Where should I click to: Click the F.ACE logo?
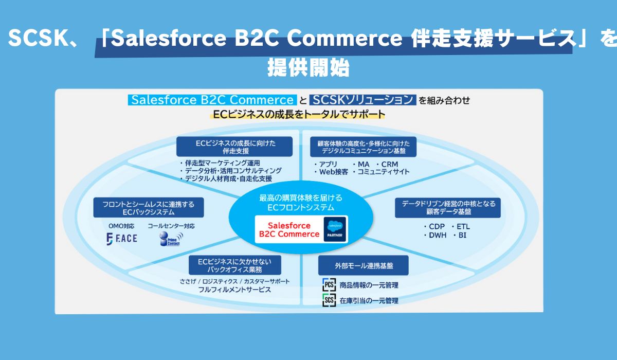pos(122,239)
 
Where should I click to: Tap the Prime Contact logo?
pos(171,239)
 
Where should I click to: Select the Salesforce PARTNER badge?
pos(335,229)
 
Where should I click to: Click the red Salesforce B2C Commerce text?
pos(289,230)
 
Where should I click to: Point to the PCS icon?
pos(329,285)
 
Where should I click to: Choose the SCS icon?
pos(329,300)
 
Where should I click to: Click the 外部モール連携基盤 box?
pos(364,265)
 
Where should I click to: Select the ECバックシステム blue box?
pos(149,207)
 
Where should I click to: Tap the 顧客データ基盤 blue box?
pos(448,208)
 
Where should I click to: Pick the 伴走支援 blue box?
pos(234,147)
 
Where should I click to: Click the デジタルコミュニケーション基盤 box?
pos(364,147)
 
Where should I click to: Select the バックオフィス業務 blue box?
pos(234,265)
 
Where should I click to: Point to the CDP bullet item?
pos(434,226)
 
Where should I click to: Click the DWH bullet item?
pos(435,235)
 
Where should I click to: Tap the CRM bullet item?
pos(387,164)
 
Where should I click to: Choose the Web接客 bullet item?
pos(331,172)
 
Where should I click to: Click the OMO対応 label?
pos(121,226)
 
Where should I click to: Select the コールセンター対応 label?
pos(171,226)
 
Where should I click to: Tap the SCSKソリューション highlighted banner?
pos(362,100)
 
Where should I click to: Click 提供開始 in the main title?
pos(308,67)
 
